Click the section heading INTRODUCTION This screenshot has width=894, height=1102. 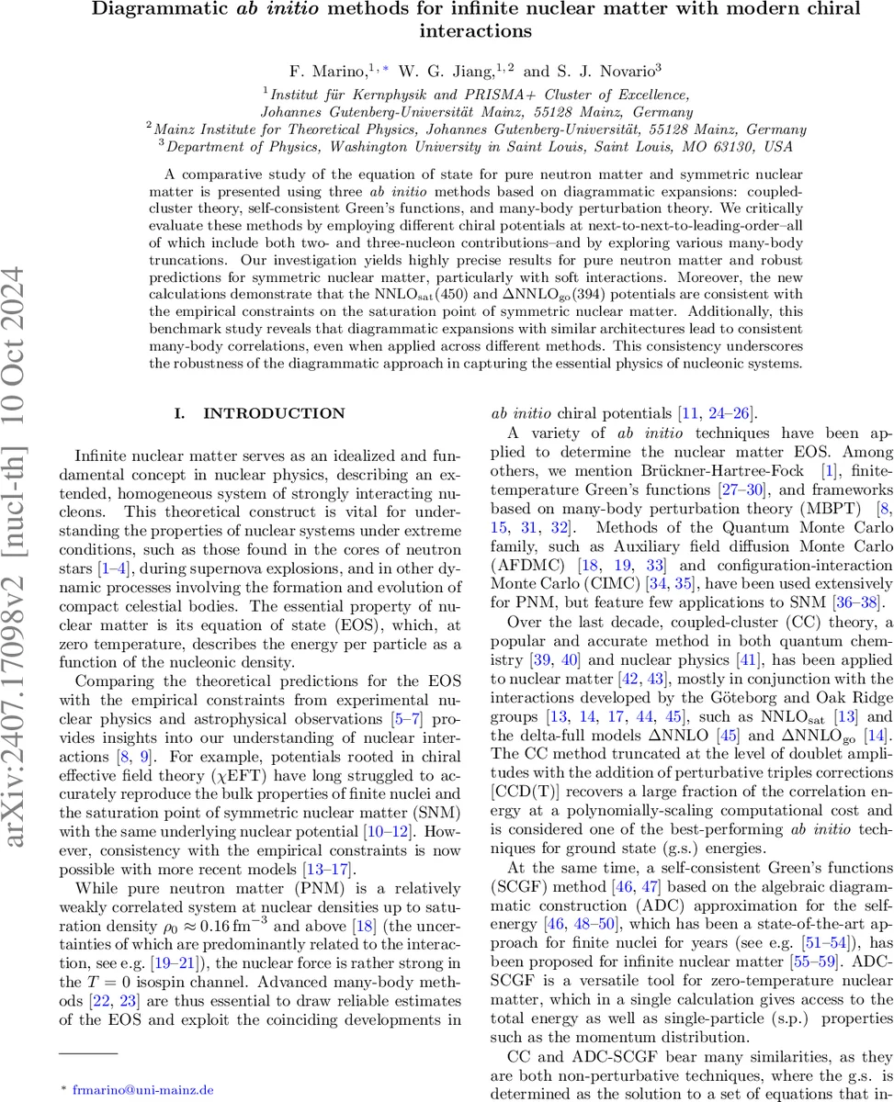click(273, 414)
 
